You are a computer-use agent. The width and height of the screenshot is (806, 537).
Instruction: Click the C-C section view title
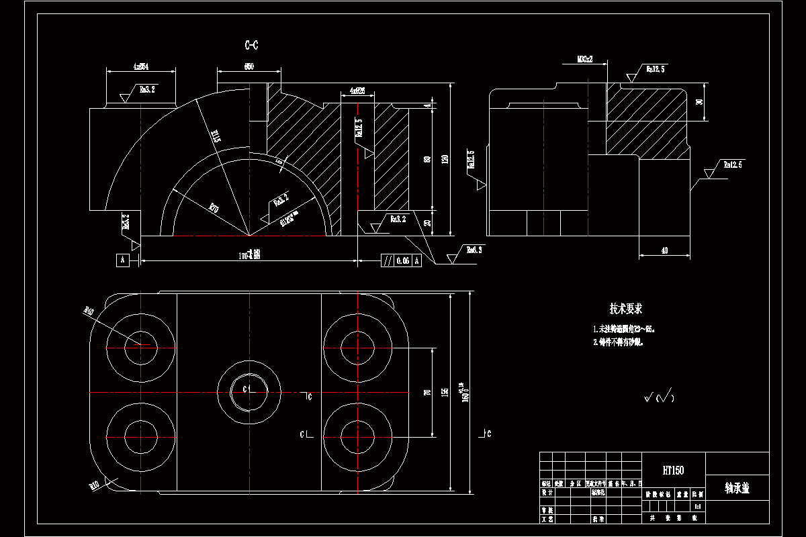(251, 46)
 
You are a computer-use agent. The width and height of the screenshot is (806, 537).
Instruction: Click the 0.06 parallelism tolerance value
(402, 260)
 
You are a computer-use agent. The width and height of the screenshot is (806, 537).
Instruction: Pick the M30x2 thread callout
(584, 59)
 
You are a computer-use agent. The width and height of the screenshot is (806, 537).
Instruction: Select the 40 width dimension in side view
(664, 250)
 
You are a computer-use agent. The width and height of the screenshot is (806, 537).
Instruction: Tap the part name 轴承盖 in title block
(737, 488)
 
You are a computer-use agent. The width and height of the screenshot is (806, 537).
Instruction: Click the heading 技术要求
(626, 309)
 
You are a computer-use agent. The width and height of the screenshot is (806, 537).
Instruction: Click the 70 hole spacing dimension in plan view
(427, 391)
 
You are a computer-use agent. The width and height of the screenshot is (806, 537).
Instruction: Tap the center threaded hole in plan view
(249, 389)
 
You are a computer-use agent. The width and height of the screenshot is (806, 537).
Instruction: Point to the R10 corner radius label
(94, 484)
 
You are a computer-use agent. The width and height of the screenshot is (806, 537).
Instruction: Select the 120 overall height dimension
(443, 159)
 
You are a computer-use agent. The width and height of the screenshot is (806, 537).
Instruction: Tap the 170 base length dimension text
(250, 254)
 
